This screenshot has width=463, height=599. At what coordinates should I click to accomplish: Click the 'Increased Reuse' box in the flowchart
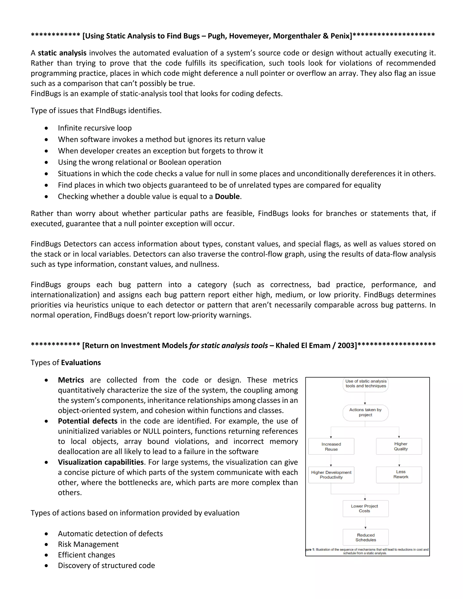331,446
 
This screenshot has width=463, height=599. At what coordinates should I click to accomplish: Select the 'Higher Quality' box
399,446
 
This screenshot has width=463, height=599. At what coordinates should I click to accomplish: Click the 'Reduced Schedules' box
365,537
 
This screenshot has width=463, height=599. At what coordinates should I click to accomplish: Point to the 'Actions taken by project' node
365,412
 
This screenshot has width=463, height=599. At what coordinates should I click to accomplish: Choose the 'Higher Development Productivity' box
331,475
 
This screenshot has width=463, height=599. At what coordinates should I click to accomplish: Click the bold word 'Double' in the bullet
227,197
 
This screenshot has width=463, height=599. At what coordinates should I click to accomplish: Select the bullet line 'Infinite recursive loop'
95,128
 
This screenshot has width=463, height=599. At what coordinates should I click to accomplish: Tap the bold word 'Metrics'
71,380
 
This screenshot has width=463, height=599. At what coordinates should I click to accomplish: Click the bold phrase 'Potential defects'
87,421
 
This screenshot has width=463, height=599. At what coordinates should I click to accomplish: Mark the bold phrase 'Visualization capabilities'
101,462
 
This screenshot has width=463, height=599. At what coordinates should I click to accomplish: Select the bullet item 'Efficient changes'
86,555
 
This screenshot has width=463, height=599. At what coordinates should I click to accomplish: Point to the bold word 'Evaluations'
81,363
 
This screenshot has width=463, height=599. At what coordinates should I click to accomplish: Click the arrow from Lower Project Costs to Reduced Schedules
365,523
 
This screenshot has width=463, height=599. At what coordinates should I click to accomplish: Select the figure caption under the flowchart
367,551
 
